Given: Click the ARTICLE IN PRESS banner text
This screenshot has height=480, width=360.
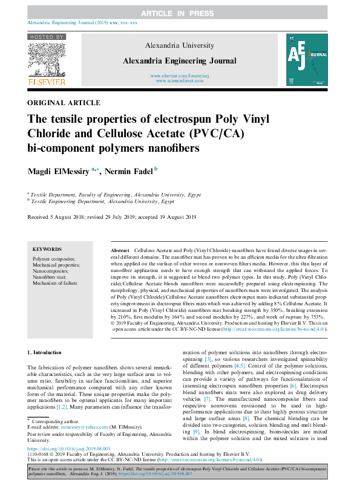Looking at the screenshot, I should (x=180, y=13).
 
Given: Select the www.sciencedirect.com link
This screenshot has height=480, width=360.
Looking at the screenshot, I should (x=180, y=80).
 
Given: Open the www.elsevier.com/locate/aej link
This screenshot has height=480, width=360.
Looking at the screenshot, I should (x=180, y=75).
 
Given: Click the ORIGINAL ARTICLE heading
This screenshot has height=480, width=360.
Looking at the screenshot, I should (x=64, y=103).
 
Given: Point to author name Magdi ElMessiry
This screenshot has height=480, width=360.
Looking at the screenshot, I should (x=57, y=172).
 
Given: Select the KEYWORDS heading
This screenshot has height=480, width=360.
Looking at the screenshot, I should (x=47, y=249).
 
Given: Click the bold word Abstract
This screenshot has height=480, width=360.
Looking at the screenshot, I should (x=120, y=250).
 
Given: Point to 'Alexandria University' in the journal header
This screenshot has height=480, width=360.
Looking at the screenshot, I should (x=180, y=45).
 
